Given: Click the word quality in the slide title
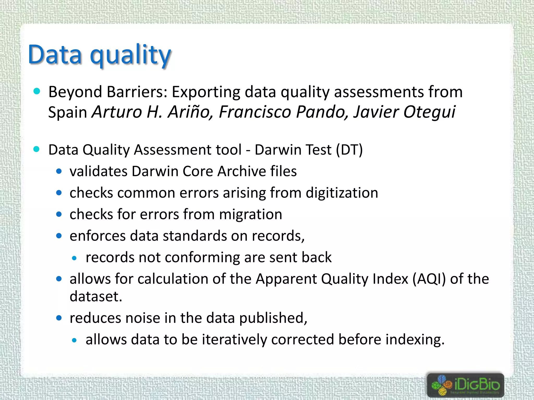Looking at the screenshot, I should tap(130, 55).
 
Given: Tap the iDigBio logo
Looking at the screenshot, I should tap(465, 385).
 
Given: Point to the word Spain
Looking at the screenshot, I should tap(68, 112).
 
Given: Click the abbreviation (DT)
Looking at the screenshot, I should tap(349, 150).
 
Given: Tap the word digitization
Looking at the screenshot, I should tap(342, 193).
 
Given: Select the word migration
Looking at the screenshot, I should tap(250, 215).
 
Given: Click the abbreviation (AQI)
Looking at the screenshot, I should tap(429, 279).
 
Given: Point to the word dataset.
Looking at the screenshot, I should tap(95, 297).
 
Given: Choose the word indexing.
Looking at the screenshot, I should tap(415, 340).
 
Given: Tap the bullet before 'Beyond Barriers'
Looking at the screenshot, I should tap(37, 91).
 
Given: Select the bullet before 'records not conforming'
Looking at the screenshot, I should tap(75, 258).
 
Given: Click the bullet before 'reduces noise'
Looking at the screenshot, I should tap(59, 318).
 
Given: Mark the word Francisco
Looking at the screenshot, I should tap(255, 112).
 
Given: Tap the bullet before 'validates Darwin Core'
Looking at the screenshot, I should tap(59, 172).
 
